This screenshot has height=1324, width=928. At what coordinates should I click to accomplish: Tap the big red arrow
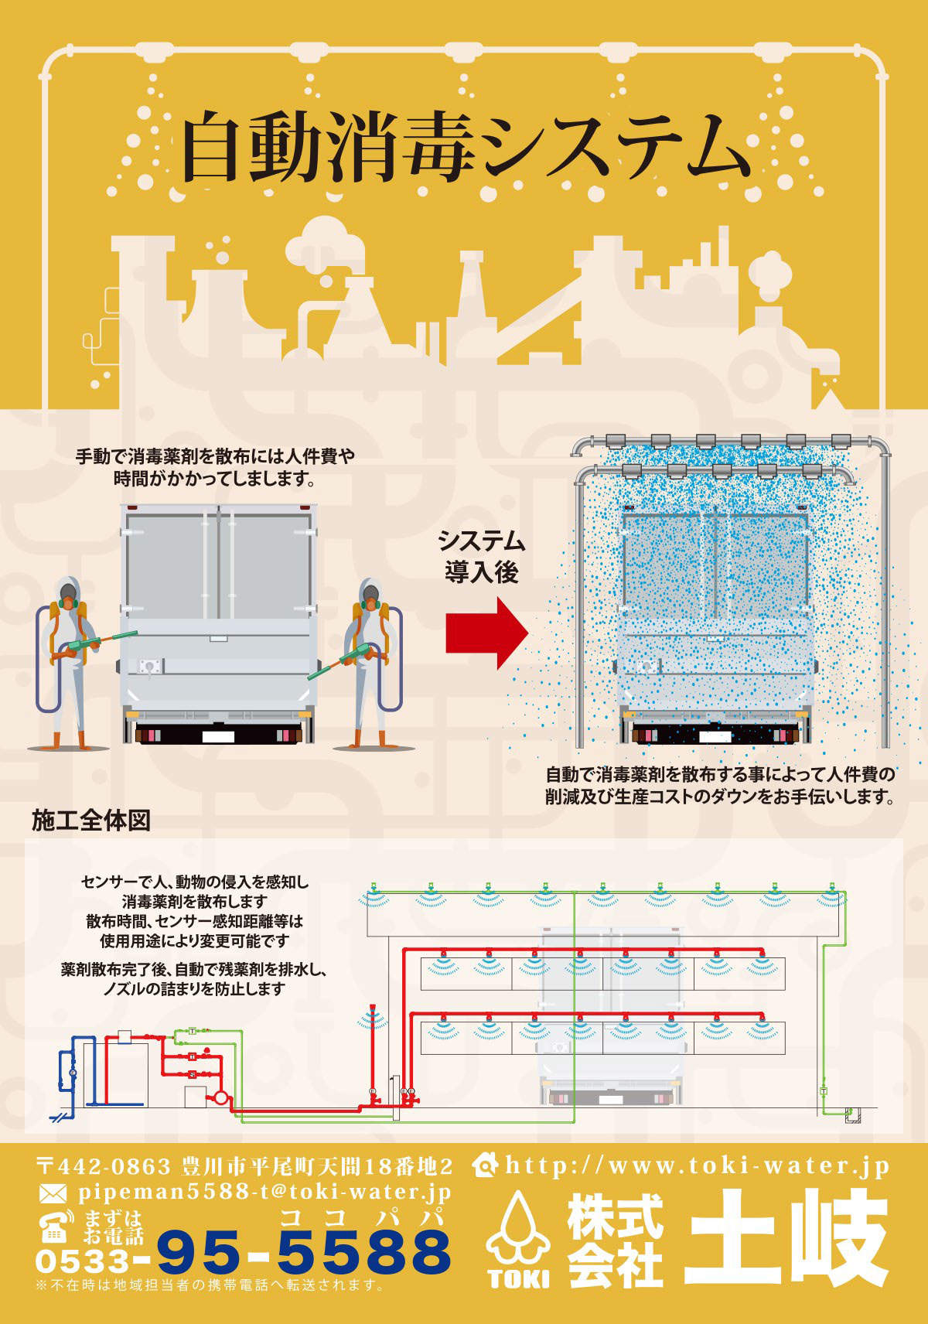[486, 633]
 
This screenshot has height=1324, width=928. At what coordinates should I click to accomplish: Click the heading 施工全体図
[91, 820]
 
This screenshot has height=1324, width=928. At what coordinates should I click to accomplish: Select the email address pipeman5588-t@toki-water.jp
[264, 1193]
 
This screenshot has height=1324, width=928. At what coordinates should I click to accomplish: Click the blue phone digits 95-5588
[304, 1252]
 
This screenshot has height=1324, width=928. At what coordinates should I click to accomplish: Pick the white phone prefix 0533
[83, 1261]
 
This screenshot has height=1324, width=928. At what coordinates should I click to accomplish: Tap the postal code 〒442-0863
[104, 1166]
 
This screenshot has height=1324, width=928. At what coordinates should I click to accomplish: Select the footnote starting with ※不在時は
[210, 1285]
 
